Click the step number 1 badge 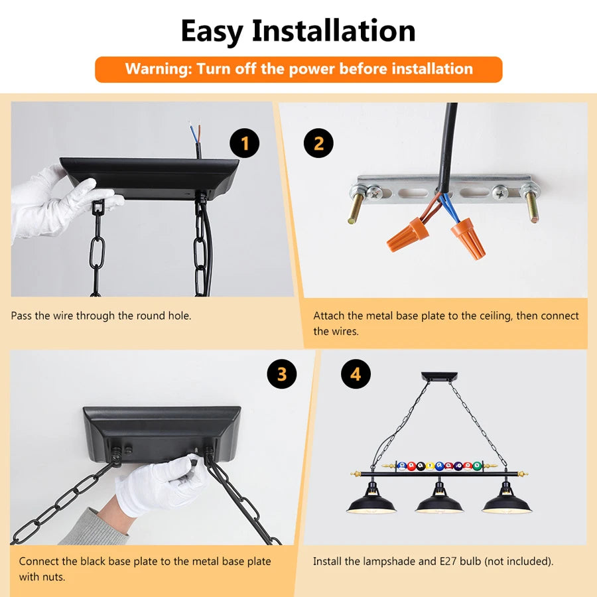click(244, 143)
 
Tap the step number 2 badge click(318, 143)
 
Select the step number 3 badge click(282, 374)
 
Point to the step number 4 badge click(356, 374)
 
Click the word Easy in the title click(212, 32)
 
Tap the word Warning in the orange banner click(159, 69)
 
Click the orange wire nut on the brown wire click(405, 234)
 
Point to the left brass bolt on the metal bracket click(356, 208)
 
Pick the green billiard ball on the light click(477, 466)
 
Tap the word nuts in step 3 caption click(54, 577)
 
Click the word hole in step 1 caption click(179, 316)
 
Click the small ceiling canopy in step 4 click(439, 376)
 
